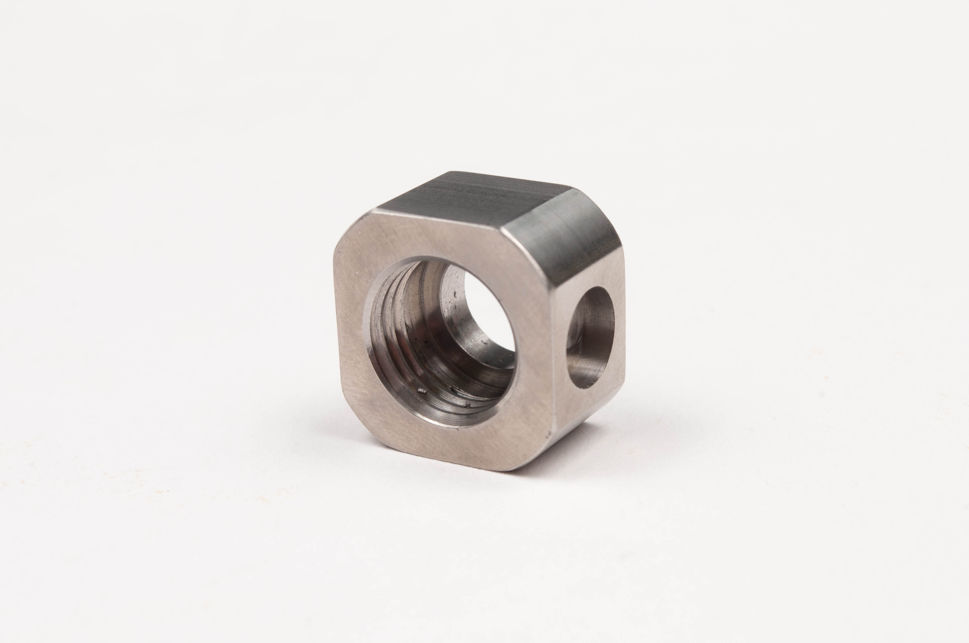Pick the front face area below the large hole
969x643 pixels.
coord(452,443)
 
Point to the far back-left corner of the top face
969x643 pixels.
coord(452,172)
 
